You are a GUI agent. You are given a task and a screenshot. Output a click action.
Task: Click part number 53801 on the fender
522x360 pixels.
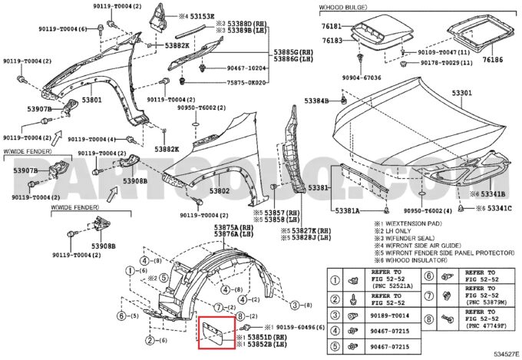click(x=91, y=101)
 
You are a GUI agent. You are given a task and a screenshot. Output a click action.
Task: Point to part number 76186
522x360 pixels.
click(x=493, y=59)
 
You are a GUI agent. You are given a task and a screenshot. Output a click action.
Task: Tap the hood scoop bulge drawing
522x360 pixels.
click(x=381, y=28)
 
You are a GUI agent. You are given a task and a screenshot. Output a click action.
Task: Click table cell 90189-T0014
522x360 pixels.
click(x=391, y=315)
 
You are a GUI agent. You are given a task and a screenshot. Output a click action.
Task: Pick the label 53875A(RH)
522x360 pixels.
click(x=233, y=228)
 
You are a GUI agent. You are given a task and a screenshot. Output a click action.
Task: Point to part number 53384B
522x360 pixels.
click(x=316, y=101)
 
